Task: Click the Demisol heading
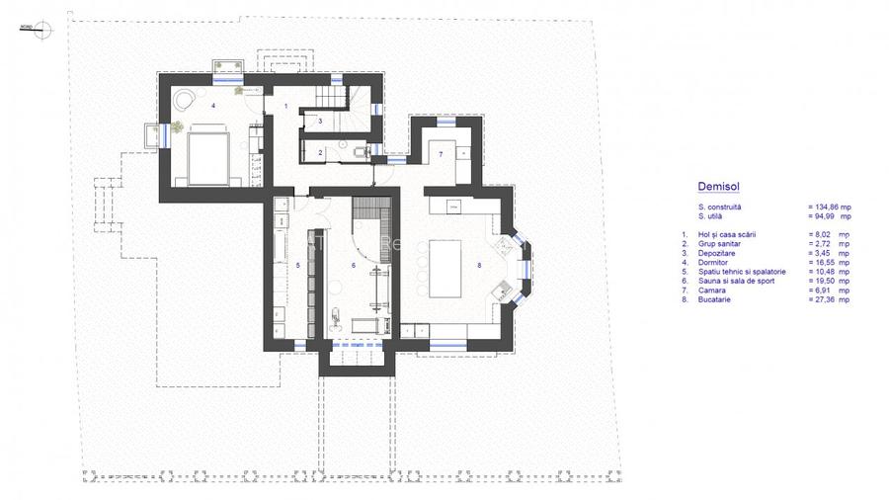tap(717, 185)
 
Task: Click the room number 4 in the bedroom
tap(212, 104)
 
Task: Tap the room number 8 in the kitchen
tap(478, 264)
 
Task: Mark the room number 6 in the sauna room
tap(353, 265)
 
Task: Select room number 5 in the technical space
tap(297, 265)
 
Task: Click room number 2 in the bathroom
tap(320, 152)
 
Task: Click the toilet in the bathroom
tap(359, 151)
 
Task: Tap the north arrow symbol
tap(41, 30)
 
